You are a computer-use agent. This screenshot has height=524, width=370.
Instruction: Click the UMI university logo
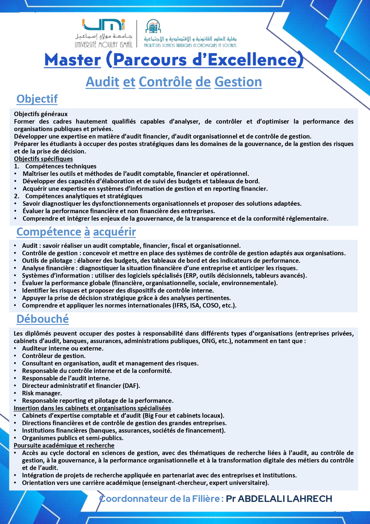point(103,25)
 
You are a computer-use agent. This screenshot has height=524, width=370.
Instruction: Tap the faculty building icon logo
point(153,27)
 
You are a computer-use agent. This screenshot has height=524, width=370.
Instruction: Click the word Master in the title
point(73,60)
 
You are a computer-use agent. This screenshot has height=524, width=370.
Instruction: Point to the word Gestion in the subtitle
point(238,82)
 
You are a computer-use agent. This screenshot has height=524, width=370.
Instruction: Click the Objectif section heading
point(37,99)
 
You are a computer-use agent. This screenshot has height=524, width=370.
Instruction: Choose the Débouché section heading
point(43,319)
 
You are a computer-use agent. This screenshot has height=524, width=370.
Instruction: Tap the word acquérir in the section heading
point(114,232)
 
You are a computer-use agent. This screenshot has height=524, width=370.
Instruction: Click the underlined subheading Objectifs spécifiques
point(43,159)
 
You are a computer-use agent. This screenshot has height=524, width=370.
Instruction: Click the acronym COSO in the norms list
point(211,305)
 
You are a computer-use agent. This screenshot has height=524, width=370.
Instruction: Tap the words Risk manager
point(42,393)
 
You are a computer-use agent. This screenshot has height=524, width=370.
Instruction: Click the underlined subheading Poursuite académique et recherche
point(64,445)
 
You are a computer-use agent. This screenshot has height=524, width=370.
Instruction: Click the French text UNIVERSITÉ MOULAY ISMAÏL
point(103,45)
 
